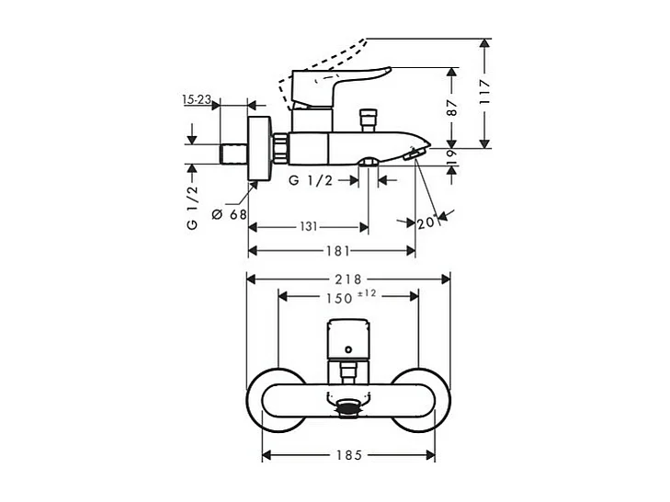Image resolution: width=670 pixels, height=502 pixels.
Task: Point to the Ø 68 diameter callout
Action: click(x=230, y=214)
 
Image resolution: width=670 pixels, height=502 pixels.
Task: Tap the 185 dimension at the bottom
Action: click(x=349, y=454)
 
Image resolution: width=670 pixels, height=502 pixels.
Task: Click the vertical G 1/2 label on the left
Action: click(x=193, y=207)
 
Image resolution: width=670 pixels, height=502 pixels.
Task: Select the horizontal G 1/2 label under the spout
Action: click(x=310, y=180)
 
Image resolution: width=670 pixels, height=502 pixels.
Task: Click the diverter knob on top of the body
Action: click(x=370, y=118)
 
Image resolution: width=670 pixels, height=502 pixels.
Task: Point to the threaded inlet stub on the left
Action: click(x=236, y=153)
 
